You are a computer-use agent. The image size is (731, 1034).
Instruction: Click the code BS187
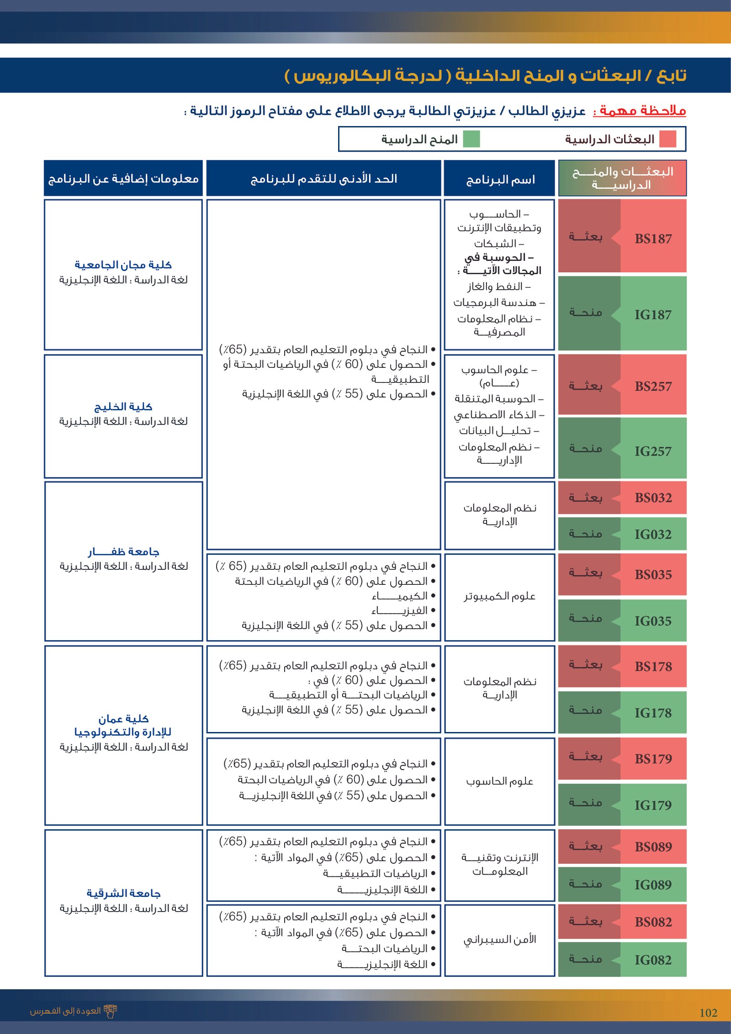(653, 239)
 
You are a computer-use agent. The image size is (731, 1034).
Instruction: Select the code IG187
(653, 314)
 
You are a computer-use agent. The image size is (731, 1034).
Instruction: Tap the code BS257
(653, 387)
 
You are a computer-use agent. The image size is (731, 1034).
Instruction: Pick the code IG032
(653, 534)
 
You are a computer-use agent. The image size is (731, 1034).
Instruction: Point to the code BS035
(653, 575)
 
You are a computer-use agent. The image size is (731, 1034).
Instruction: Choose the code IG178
(653, 713)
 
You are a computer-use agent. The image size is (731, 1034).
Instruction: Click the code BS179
(653, 759)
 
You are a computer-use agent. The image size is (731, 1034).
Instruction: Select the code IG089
(653, 885)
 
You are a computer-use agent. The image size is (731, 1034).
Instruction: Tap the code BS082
(653, 922)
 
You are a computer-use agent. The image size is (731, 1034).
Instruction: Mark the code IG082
(653, 960)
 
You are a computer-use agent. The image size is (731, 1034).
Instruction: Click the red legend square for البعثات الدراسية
(668, 139)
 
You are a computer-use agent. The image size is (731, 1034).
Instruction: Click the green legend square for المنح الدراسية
(471, 139)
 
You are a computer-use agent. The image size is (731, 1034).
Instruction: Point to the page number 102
(708, 1013)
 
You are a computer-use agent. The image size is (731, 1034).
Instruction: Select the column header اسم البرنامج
(500, 180)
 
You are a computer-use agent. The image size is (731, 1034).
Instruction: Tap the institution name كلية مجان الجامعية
(123, 265)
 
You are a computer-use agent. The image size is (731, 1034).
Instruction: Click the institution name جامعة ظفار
(123, 552)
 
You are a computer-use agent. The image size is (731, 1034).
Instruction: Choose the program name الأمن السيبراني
(500, 939)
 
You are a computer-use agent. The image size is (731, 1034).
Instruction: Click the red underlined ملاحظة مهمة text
(640, 111)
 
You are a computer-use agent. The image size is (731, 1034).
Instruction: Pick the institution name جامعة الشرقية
(123, 893)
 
